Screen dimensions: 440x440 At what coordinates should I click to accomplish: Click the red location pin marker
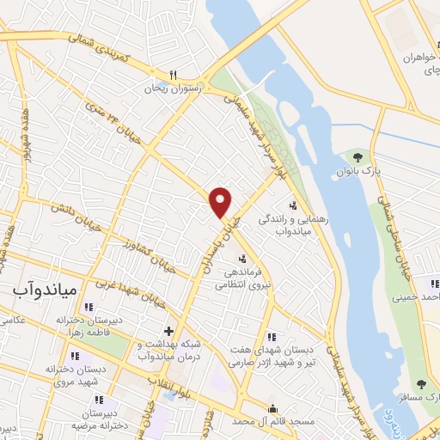click(x=222, y=202)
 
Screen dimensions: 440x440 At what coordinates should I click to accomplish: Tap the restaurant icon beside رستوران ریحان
click(x=174, y=74)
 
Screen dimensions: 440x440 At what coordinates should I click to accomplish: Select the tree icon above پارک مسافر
click(x=421, y=384)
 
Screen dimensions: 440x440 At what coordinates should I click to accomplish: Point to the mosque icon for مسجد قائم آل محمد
click(x=274, y=409)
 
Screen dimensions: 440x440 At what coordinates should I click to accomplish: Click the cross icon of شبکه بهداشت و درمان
click(x=168, y=331)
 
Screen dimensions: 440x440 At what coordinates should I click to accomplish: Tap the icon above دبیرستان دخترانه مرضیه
click(x=99, y=399)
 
